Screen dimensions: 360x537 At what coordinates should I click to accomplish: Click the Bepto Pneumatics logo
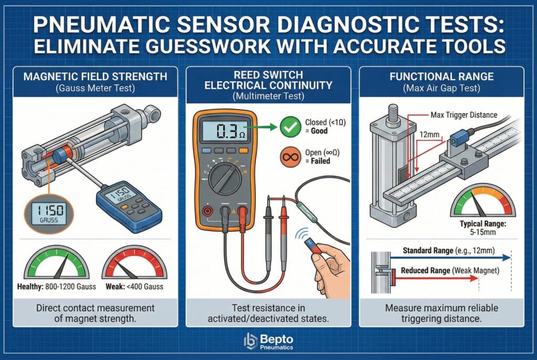268,341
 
